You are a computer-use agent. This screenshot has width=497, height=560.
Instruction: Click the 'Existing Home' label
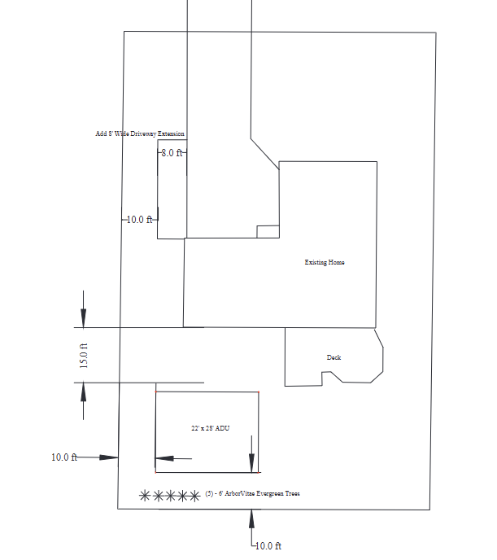point(325,262)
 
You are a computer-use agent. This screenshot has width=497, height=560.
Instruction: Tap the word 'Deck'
point(334,357)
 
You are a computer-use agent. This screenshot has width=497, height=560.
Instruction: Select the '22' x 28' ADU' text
point(210,427)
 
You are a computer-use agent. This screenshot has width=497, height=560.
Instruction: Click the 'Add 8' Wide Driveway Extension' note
point(140,133)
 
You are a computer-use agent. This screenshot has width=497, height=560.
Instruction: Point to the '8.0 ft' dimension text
point(172,152)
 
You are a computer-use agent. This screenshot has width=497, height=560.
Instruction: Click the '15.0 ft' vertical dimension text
point(83,356)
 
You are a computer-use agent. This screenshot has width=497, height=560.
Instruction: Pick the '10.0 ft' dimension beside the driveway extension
point(139,220)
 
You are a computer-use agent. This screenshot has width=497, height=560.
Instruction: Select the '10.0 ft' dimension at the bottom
point(268,545)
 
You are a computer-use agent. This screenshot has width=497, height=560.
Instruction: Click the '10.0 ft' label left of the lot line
point(63,457)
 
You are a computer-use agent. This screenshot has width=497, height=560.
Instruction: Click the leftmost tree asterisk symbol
point(145,495)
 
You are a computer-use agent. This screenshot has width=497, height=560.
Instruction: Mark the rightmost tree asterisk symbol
point(194,495)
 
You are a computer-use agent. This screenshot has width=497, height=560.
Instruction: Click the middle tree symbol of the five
point(169,495)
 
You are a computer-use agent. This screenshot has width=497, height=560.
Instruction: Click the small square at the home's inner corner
point(268,231)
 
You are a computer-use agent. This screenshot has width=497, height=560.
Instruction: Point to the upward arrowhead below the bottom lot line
point(252,516)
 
